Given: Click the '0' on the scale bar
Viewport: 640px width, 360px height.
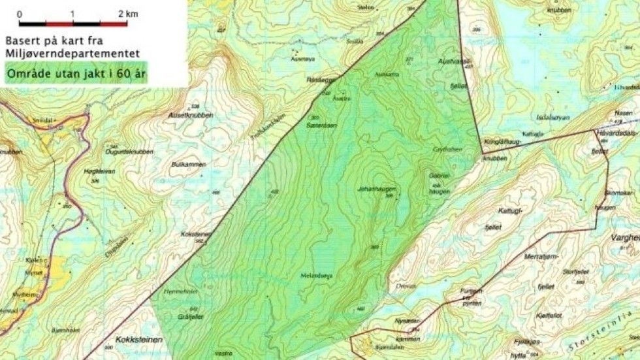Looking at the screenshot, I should pyautogui.click(x=20, y=14).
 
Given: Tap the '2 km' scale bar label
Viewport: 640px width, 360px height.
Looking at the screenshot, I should pyautogui.click(x=129, y=14).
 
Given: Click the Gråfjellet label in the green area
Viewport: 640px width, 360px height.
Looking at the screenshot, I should pyautogui.click(x=187, y=314).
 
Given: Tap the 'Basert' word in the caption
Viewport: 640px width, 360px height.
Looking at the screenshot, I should pyautogui.click(x=22, y=39).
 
